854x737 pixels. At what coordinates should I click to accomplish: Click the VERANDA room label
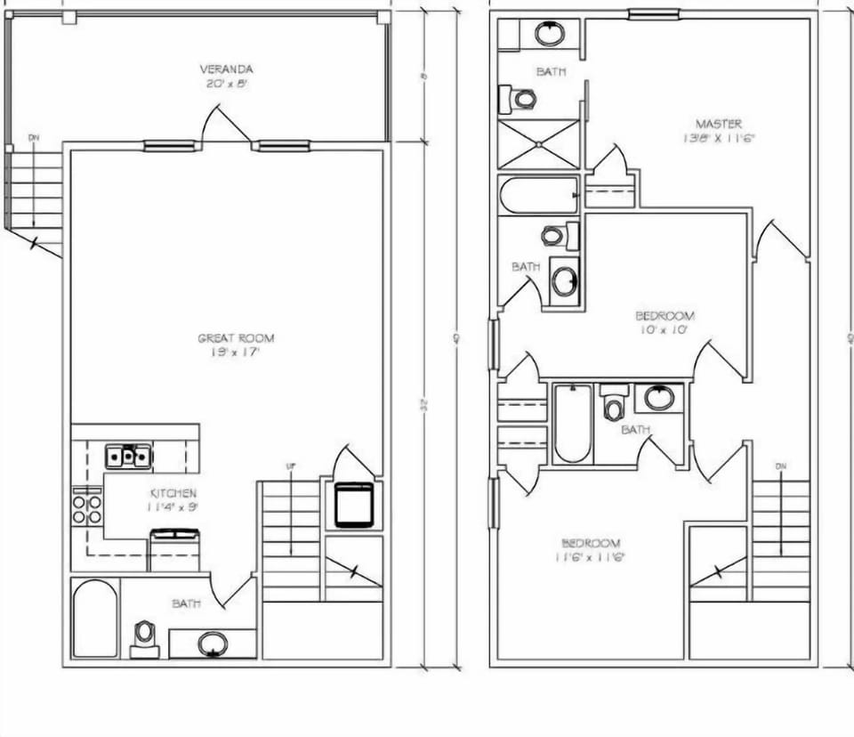point(226,69)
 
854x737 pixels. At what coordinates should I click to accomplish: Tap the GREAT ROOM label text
point(236,338)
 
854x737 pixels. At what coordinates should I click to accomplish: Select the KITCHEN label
point(173,493)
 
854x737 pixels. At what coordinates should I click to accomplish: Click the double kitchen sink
point(129,457)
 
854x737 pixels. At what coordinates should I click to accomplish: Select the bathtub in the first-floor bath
point(95,619)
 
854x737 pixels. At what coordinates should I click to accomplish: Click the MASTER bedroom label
point(718,124)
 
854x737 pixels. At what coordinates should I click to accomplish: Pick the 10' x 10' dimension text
point(665,329)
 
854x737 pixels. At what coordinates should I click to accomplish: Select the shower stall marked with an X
point(538,143)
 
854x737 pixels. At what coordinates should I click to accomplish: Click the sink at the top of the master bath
point(550,35)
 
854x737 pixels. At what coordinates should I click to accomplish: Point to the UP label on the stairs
point(290,466)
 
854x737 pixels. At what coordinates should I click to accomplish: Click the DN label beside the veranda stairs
point(34,138)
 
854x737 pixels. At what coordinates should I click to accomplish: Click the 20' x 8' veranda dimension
point(226,83)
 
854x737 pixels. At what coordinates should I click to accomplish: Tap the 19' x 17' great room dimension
point(236,352)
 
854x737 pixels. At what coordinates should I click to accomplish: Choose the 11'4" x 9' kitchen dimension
point(173,506)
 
